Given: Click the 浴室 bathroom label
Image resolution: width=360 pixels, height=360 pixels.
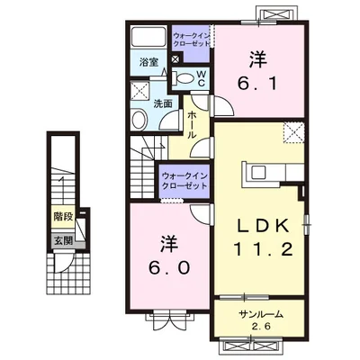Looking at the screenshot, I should coord(149,62).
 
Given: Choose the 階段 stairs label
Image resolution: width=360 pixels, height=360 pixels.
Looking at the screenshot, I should coord(62,217).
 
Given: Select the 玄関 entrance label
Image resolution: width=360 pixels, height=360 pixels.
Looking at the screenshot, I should coord(62,239).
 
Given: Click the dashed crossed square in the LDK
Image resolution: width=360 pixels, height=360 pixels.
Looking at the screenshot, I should coord(294,131).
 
